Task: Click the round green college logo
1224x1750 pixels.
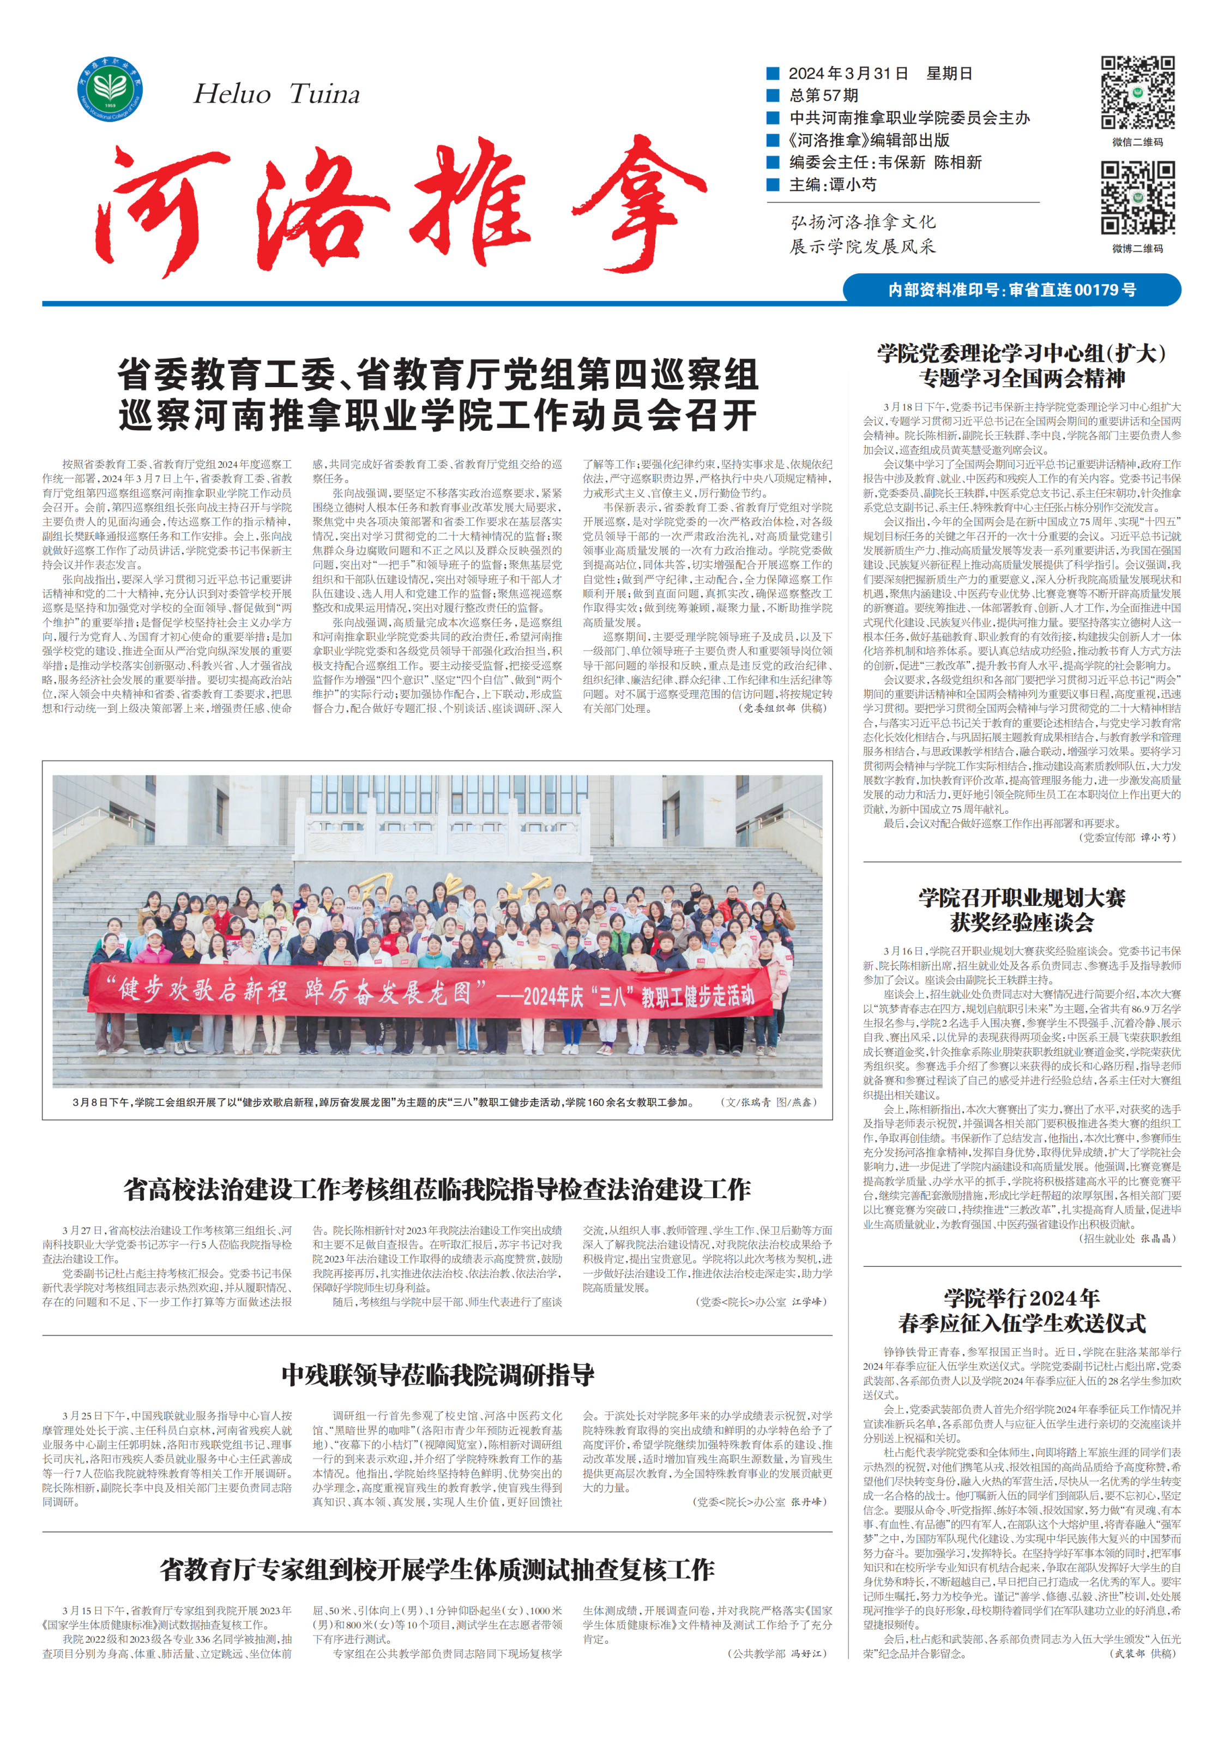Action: click(x=110, y=88)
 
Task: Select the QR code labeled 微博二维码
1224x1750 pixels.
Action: click(x=1137, y=197)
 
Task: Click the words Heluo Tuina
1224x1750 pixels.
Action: click(x=276, y=94)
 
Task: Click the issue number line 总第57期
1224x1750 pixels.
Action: click(x=823, y=95)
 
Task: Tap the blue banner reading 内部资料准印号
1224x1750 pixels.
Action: click(x=1011, y=290)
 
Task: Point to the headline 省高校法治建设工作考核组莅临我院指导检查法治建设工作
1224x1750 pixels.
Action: click(x=437, y=1188)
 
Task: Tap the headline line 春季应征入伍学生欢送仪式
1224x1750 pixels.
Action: click(x=1021, y=1323)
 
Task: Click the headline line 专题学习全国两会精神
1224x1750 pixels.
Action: click(x=1021, y=378)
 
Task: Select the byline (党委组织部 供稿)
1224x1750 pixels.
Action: click(x=782, y=708)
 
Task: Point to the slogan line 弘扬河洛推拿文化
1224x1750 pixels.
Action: click(x=863, y=222)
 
